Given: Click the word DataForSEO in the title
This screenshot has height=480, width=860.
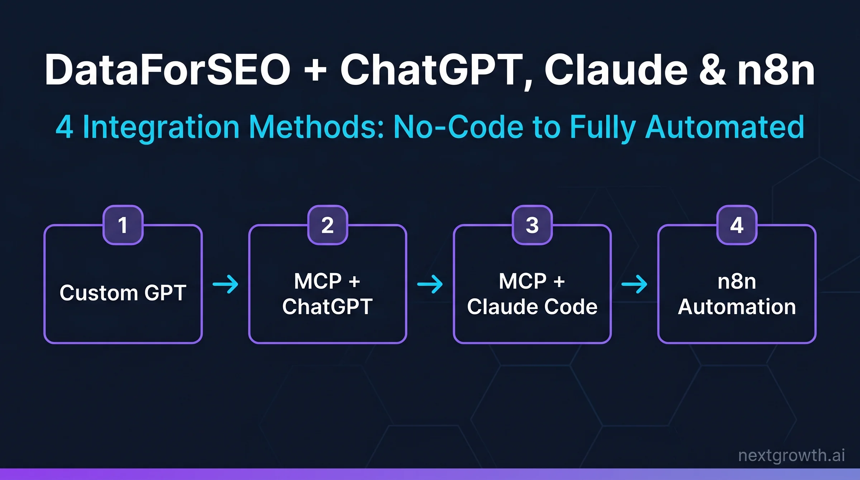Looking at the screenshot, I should click(167, 70).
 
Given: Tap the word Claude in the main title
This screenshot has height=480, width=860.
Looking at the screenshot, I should click(616, 70).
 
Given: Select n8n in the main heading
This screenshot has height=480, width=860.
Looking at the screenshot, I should click(776, 70).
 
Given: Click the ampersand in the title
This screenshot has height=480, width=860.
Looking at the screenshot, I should click(712, 70).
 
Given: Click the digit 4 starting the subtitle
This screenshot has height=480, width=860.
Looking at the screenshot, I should click(65, 127).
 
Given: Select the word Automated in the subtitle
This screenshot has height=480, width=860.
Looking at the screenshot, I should click(725, 127).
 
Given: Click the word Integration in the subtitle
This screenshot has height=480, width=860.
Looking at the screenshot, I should click(161, 127).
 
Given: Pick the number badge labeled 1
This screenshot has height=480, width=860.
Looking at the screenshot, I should click(123, 225).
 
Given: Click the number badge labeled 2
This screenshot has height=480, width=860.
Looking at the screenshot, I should click(328, 225).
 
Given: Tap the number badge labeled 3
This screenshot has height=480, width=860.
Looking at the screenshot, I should click(532, 225).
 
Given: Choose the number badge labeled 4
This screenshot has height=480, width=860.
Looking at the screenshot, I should click(737, 225).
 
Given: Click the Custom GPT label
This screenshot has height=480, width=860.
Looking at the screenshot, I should click(123, 293).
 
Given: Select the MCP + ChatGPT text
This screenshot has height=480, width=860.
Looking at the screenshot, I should click(328, 294).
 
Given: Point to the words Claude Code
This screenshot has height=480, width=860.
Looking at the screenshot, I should click(532, 307).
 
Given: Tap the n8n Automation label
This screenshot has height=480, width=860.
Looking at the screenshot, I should click(737, 294).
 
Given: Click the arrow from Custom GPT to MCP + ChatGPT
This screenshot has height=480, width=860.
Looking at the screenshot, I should click(225, 284).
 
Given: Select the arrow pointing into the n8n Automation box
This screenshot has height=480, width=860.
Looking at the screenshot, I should click(634, 284).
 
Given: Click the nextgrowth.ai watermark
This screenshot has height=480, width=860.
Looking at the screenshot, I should click(792, 455).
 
